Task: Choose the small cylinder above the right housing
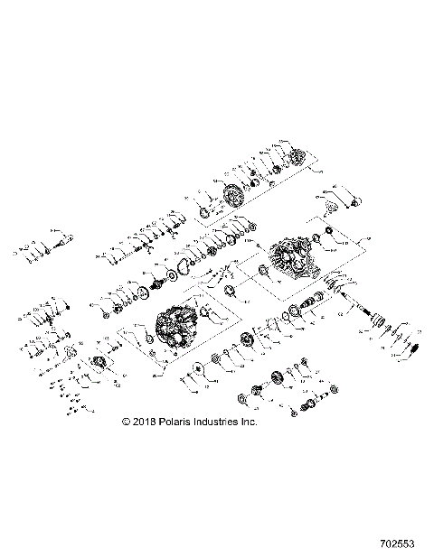click(329, 237)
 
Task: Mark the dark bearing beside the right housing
click(263, 272)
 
